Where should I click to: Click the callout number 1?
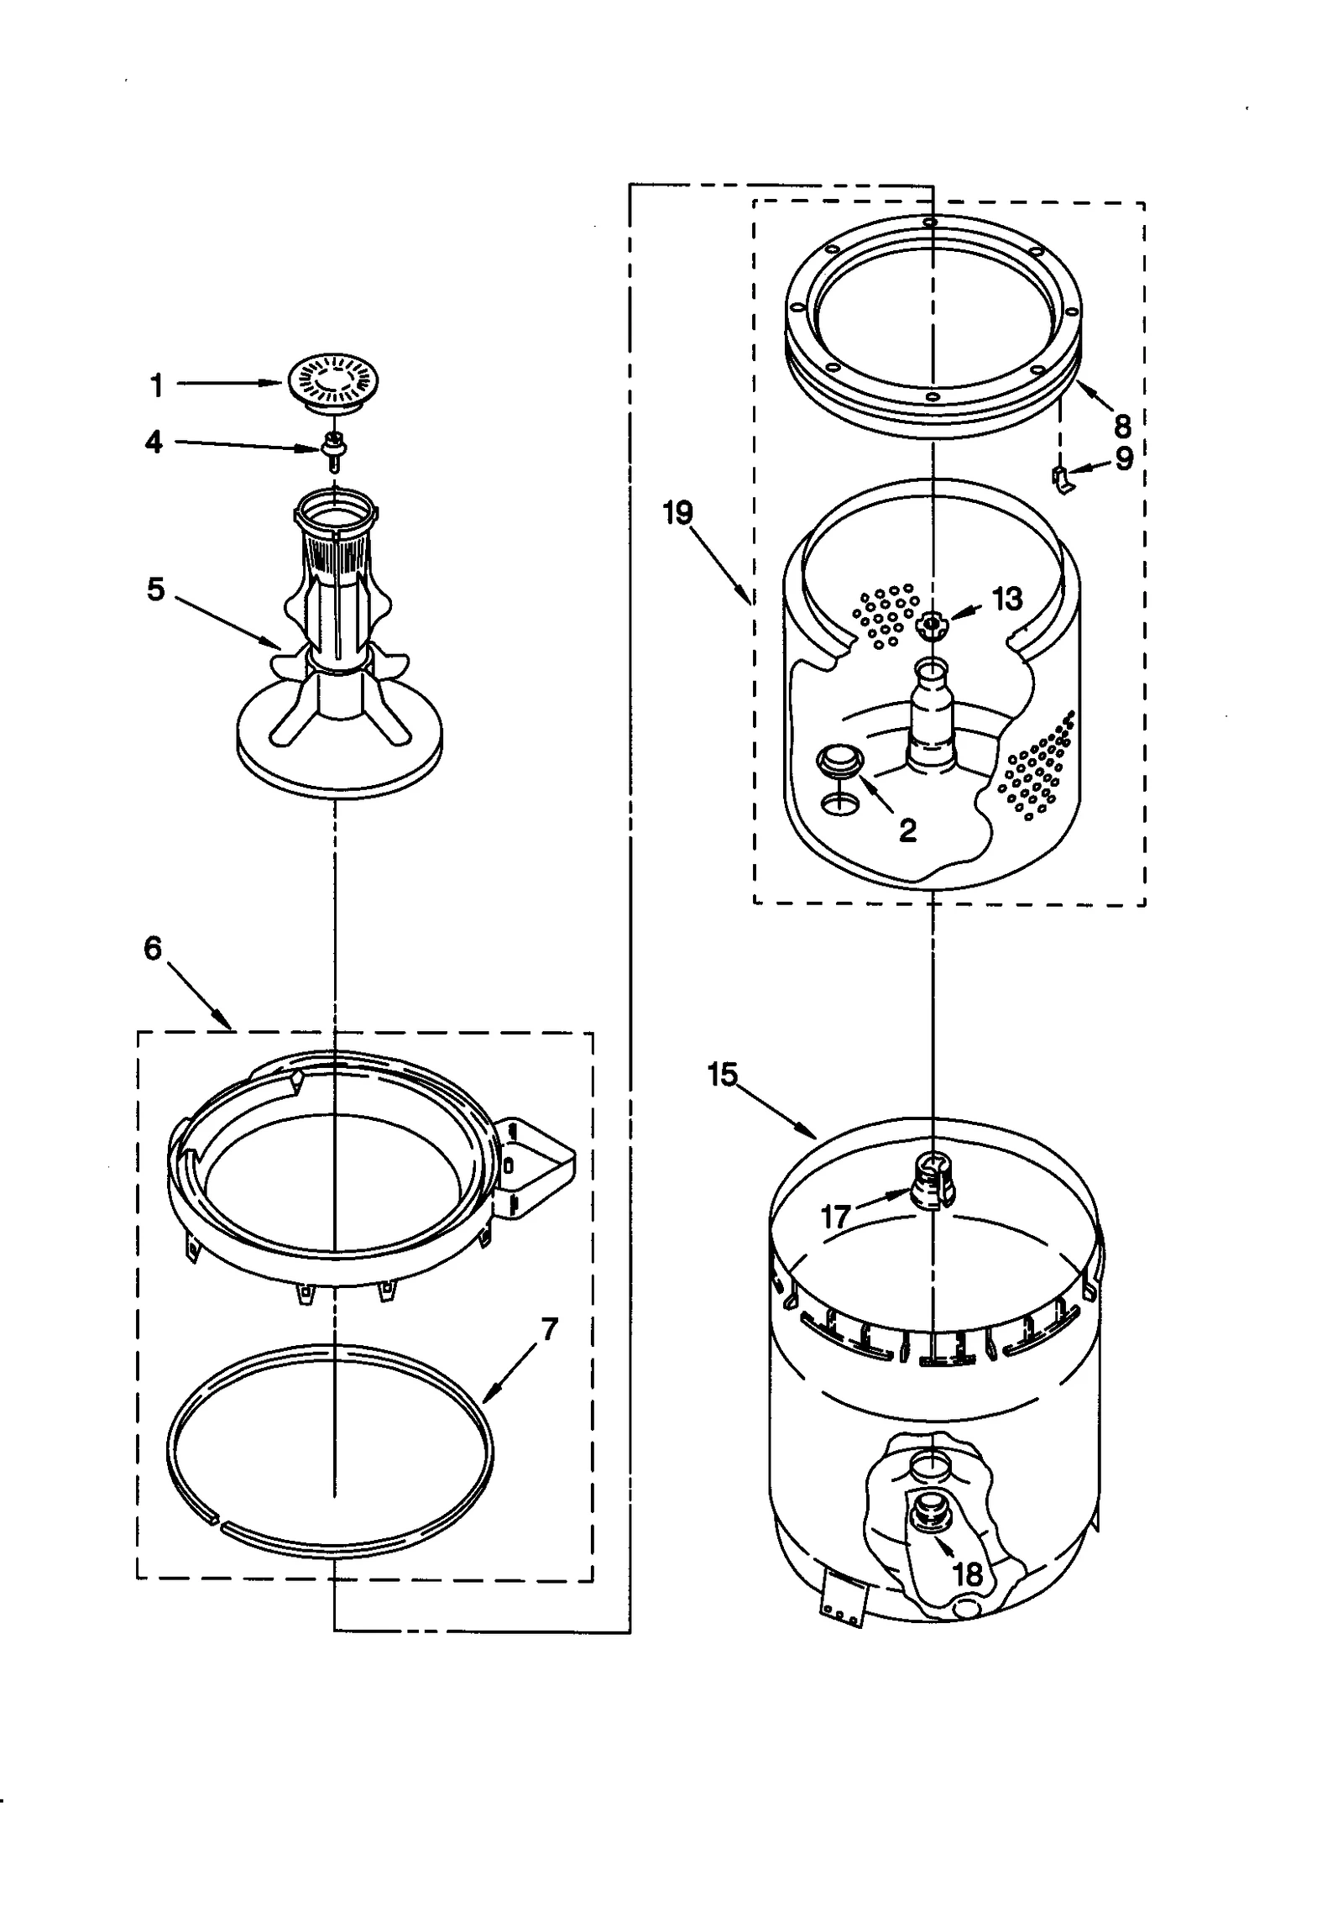tap(156, 386)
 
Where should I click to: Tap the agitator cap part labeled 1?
tap(333, 383)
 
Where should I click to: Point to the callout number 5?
tap(156, 589)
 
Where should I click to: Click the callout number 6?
tap(153, 949)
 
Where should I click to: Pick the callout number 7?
tap(549, 1329)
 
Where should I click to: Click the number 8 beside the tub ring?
tap(1122, 427)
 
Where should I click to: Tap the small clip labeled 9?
tap(1061, 480)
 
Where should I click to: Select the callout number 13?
tap(1007, 599)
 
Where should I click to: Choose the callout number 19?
tap(678, 512)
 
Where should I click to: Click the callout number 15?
tap(723, 1074)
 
